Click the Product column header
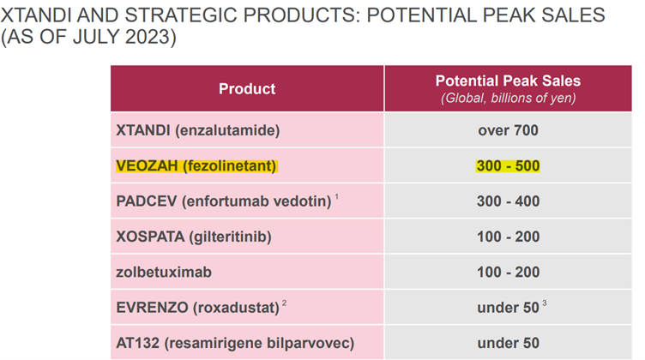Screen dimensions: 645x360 pyautogui.click(x=247, y=89)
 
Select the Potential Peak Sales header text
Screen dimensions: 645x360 pyautogui.click(x=508, y=81)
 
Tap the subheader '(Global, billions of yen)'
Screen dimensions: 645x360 pyautogui.click(x=508, y=99)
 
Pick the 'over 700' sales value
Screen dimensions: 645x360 pyautogui.click(x=508, y=130)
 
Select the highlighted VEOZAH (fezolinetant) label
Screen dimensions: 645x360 pyautogui.click(x=196, y=166)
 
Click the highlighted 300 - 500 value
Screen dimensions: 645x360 pyautogui.click(x=508, y=166)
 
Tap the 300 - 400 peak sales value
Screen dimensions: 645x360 pyautogui.click(x=508, y=201)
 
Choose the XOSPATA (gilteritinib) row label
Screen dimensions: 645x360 pyautogui.click(x=194, y=237)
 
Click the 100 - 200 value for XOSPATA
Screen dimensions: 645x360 pyautogui.click(x=508, y=237)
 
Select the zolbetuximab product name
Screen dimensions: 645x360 pyautogui.click(x=164, y=272)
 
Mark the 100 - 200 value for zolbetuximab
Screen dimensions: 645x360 pyautogui.click(x=508, y=272)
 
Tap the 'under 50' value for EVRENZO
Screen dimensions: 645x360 pyautogui.click(x=508, y=308)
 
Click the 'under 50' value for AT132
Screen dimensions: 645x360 pyautogui.click(x=508, y=343)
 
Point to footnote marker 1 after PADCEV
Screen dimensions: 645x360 pyautogui.click(x=336, y=197)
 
